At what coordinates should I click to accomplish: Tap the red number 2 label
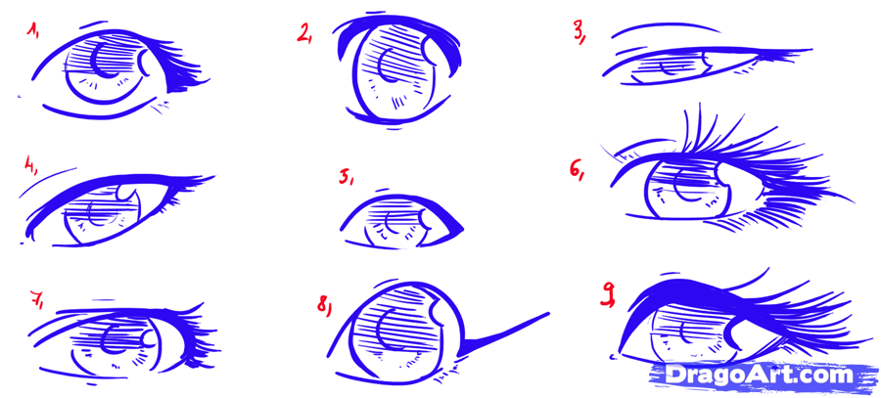[x=304, y=35]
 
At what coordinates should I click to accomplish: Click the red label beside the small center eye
[x=346, y=178]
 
